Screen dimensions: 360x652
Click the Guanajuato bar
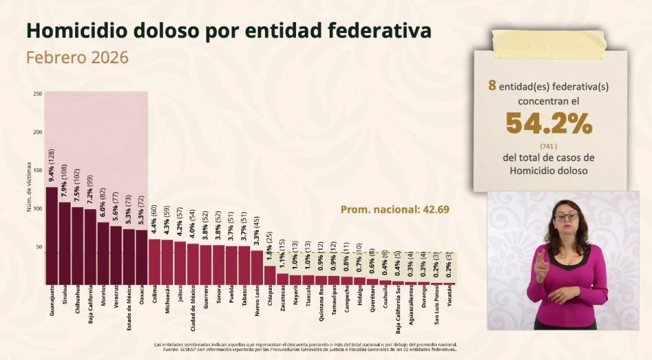pyautogui.click(x=52, y=235)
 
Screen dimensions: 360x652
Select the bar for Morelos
pyautogui.click(x=103, y=253)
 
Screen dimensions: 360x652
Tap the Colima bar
pyautogui.click(x=154, y=261)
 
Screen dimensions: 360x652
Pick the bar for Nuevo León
pyautogui.click(x=257, y=267)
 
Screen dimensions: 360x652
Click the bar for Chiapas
pyautogui.click(x=269, y=275)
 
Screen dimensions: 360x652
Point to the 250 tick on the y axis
pyautogui.click(x=38, y=94)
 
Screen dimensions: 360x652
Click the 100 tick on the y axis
pyautogui.click(x=38, y=209)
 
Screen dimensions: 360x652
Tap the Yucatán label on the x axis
pyautogui.click(x=450, y=298)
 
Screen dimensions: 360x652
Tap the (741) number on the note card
pyautogui.click(x=549, y=145)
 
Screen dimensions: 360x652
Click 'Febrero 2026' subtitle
pyautogui.click(x=77, y=57)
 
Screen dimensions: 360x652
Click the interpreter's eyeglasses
pyautogui.click(x=566, y=217)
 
